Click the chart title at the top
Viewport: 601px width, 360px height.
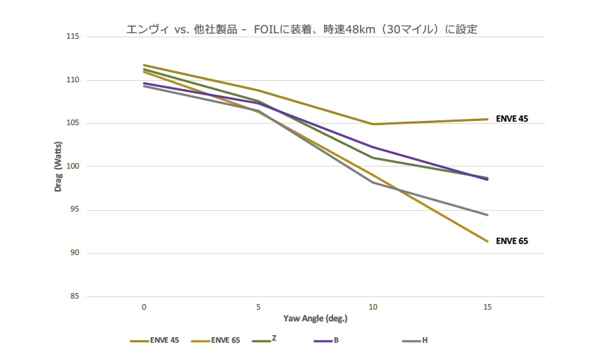(301, 30)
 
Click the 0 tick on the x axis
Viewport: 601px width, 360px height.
(144, 306)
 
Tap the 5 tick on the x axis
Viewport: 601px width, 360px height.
(258, 306)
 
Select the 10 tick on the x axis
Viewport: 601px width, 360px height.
(373, 306)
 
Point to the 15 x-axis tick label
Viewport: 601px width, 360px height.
(488, 306)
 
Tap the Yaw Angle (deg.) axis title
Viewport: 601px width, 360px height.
(315, 319)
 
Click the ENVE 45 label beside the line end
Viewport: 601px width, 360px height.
(512, 120)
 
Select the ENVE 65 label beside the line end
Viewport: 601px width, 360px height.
(512, 241)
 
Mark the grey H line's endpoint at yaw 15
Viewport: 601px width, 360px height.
(488, 215)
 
